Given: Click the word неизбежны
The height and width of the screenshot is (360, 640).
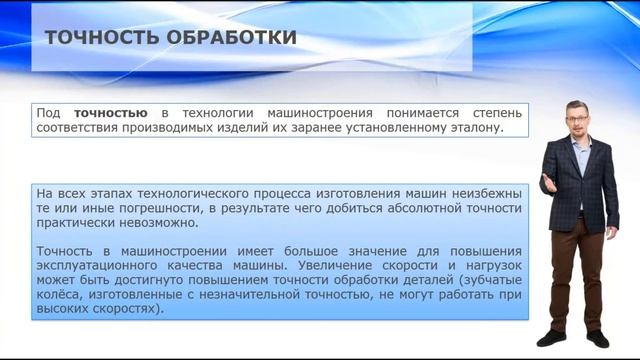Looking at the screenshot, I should (x=486, y=191).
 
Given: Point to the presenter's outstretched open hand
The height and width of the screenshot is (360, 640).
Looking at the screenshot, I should (x=548, y=183).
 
